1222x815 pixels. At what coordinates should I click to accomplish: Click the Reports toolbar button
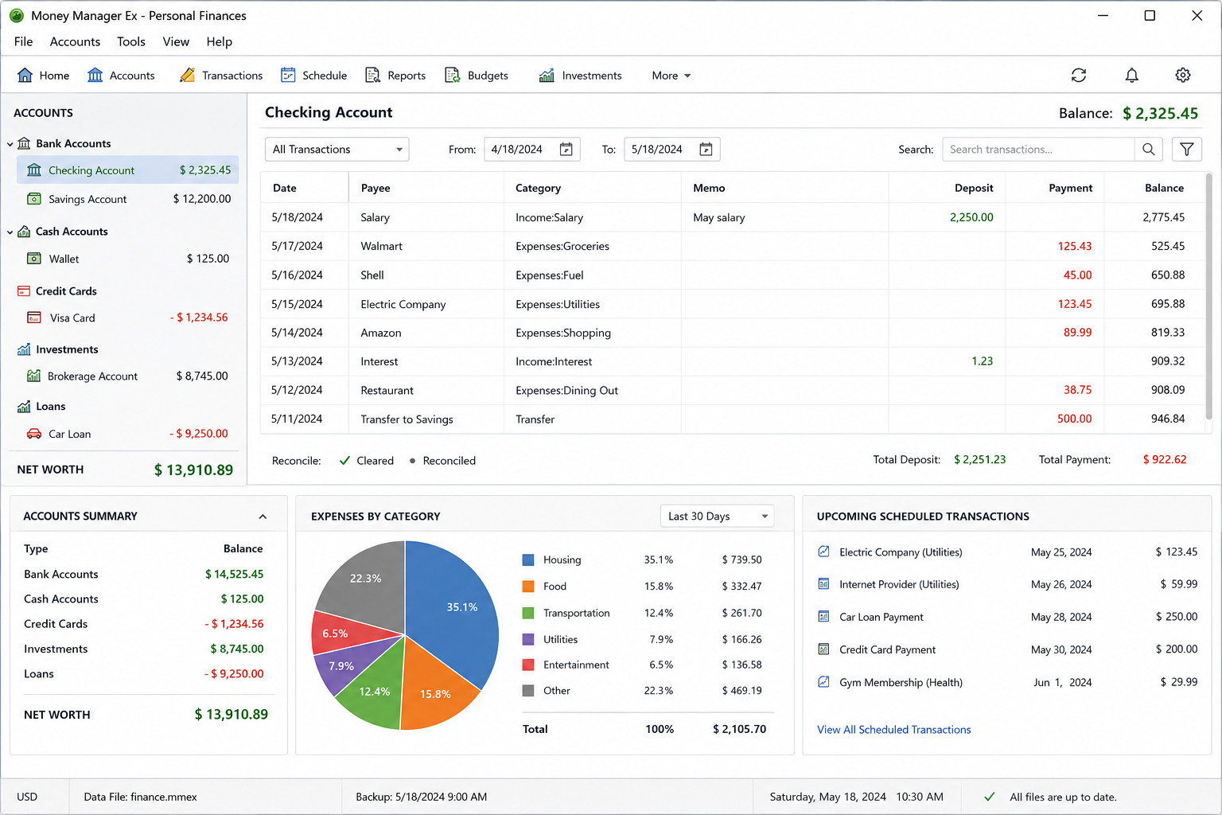pyautogui.click(x=395, y=76)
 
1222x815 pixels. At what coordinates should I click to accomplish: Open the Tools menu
pyautogui.click(x=131, y=42)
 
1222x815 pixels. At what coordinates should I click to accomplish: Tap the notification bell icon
pyautogui.click(x=1131, y=76)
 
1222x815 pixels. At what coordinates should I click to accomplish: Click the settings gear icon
pyautogui.click(x=1182, y=76)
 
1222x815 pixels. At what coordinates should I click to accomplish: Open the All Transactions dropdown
pyautogui.click(x=337, y=150)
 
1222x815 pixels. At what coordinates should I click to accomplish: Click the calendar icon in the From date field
pyautogui.click(x=566, y=150)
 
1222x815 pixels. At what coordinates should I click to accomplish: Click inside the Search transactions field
pyautogui.click(x=1037, y=150)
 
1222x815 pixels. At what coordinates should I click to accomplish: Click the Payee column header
pyautogui.click(x=376, y=189)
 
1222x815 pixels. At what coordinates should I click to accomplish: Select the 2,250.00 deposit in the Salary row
pyautogui.click(x=971, y=217)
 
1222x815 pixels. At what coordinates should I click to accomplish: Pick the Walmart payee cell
pyautogui.click(x=381, y=246)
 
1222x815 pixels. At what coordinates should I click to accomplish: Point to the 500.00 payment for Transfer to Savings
pyautogui.click(x=1074, y=419)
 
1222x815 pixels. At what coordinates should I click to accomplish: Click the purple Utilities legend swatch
pyautogui.click(x=528, y=639)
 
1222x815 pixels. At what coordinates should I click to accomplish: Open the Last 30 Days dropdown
pyautogui.click(x=717, y=517)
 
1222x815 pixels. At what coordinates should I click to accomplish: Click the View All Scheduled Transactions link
pyautogui.click(x=893, y=730)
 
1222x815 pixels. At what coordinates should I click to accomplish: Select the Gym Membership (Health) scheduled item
pyautogui.click(x=901, y=683)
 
